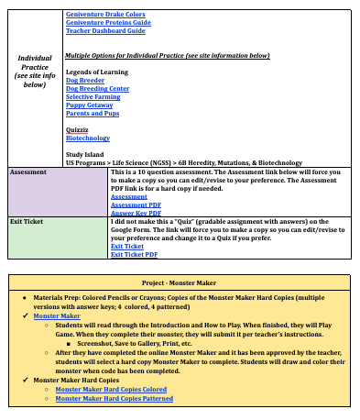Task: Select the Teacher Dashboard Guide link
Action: click(105, 31)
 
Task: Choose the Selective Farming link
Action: click(92, 96)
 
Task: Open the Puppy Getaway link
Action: click(89, 105)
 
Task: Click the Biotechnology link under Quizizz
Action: click(88, 138)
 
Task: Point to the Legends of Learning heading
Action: click(97, 72)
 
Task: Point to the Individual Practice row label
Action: click(35, 71)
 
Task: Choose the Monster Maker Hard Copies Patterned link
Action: click(114, 398)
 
